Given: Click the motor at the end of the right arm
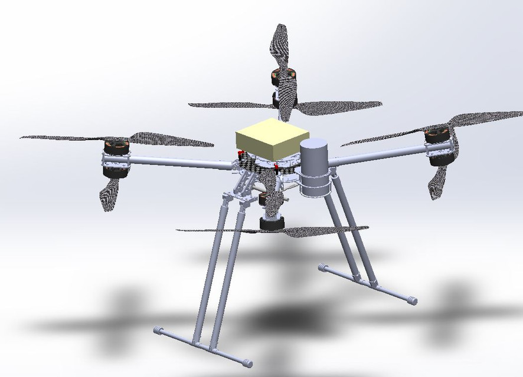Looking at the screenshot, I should point(439,146).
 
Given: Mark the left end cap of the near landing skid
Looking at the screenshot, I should point(158,331).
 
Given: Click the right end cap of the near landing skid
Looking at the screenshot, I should point(249,363).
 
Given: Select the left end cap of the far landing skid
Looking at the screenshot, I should point(322,267).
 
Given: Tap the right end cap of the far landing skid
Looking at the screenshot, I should point(412,300).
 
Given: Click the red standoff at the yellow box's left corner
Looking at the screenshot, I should point(240,155).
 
